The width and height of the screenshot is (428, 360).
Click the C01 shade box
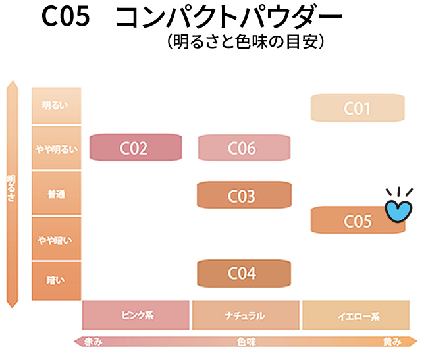[x=358, y=108]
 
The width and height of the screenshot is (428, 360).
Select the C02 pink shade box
[x=136, y=147]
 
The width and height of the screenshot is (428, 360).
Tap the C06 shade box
[x=244, y=147]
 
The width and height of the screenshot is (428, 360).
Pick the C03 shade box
[x=244, y=195]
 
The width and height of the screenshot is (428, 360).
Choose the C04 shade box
[x=244, y=273]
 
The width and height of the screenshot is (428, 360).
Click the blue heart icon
[x=398, y=211]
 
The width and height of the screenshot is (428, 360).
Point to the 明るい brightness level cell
[x=56, y=105]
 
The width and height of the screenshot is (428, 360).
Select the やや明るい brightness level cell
[x=56, y=147]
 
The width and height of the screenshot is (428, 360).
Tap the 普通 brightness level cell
[x=56, y=193]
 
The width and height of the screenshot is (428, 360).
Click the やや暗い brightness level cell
[x=56, y=238]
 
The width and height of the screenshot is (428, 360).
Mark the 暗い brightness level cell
[x=56, y=281]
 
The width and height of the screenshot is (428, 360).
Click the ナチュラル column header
[x=246, y=315]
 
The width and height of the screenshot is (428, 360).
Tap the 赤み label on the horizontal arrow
[x=93, y=342]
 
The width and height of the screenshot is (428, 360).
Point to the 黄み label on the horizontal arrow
[x=392, y=342]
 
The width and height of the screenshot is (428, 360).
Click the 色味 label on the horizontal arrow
[x=246, y=342]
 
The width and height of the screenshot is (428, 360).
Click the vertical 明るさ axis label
[x=11, y=188]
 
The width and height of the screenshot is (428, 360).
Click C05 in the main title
[x=66, y=16]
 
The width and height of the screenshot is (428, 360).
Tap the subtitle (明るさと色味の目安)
[x=246, y=41]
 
